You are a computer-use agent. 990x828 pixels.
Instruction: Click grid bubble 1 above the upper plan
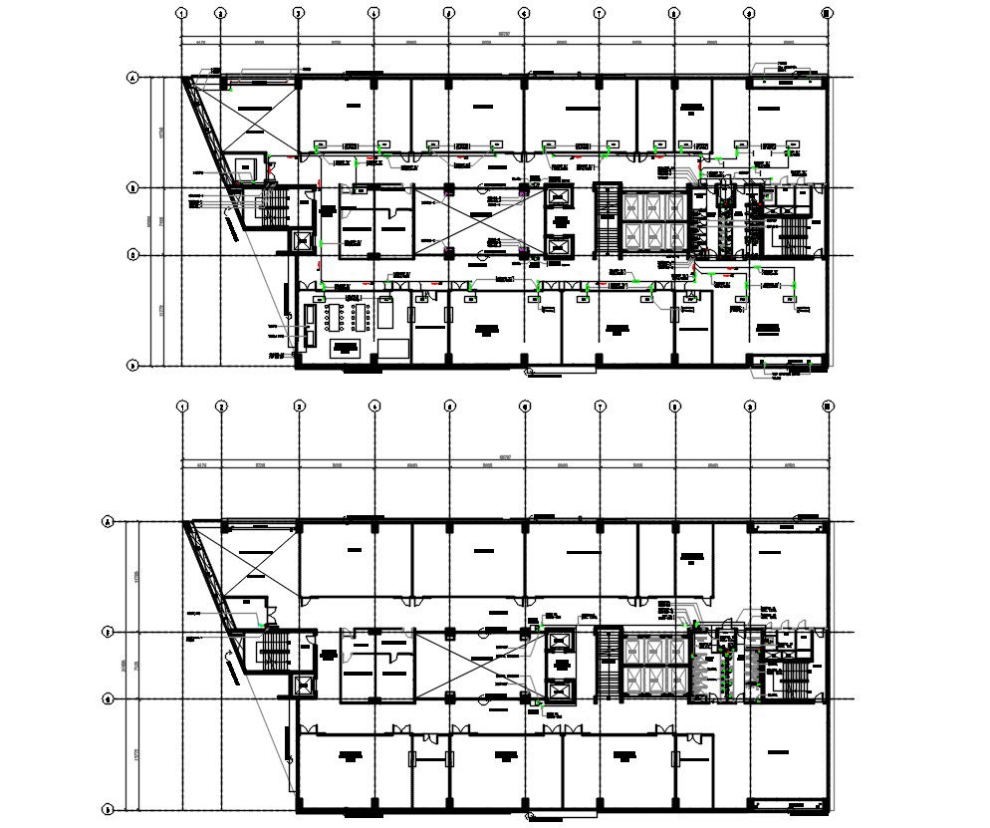(181, 13)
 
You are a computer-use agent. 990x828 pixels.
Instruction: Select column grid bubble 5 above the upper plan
(448, 13)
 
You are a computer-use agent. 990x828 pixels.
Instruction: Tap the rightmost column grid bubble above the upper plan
(826, 13)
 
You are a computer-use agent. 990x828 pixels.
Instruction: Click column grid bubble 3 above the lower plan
(298, 406)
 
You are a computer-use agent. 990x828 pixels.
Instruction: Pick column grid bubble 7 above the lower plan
(600, 406)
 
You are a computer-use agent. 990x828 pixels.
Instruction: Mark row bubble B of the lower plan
(107, 632)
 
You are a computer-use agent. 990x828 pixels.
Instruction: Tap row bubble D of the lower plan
(107, 809)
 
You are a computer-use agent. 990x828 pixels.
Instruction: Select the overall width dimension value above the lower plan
(503, 458)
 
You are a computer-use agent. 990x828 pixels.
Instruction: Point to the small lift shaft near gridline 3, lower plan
(302, 686)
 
